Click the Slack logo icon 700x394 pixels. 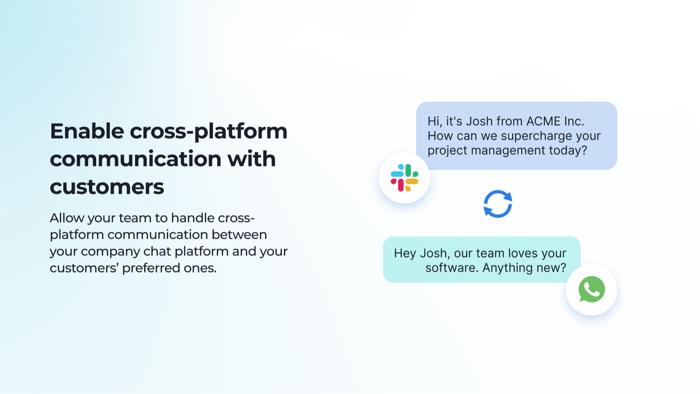[x=405, y=178]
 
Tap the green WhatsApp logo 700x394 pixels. [x=591, y=289]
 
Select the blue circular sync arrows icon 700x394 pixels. [x=498, y=204]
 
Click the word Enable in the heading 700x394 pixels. [x=87, y=131]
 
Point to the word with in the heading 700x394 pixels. [x=251, y=159]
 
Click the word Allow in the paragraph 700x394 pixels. [x=67, y=218]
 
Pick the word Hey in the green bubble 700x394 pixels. [x=405, y=253]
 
